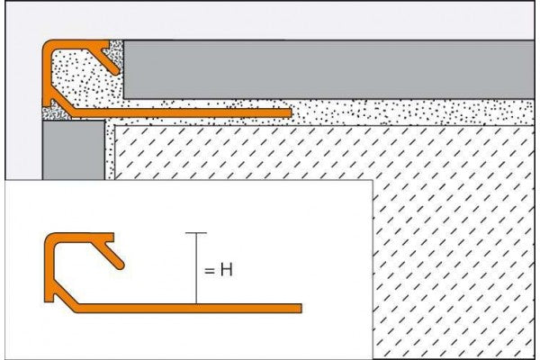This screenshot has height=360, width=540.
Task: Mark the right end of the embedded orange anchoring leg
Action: [x=288, y=113]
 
